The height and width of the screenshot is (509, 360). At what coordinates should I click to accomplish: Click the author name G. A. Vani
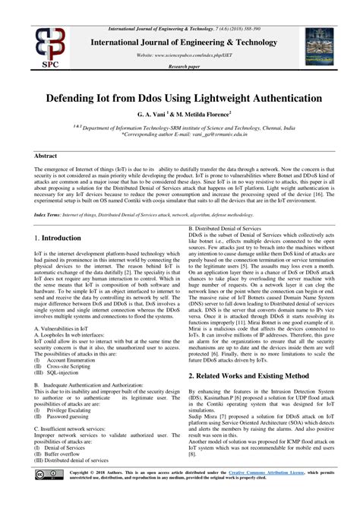click(x=154, y=113)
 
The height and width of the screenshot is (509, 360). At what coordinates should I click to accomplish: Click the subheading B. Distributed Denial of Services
click(x=226, y=228)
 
